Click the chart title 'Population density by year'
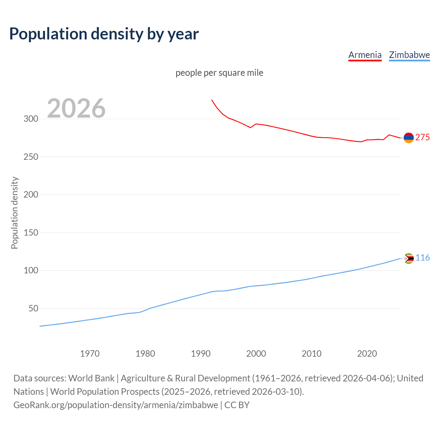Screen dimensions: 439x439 [x=104, y=34]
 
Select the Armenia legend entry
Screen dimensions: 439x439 [x=365, y=55]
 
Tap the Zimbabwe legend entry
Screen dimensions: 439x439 [x=409, y=55]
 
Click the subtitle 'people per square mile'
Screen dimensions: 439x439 [x=219, y=73]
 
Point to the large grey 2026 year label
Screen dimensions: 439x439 [x=76, y=108]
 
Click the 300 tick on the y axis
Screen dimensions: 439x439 [x=31, y=119]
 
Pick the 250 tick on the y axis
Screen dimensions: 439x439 [x=31, y=157]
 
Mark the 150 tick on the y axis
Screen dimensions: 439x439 [x=31, y=233]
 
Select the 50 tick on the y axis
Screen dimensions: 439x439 [x=33, y=308]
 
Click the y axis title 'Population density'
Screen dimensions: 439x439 [x=14, y=213]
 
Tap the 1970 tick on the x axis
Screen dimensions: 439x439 [x=90, y=354]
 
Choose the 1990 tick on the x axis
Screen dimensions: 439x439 [x=201, y=354]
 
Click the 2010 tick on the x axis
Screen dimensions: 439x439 [x=311, y=354]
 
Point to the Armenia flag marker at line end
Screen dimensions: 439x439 [x=408, y=138]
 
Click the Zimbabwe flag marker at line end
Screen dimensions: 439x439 [x=408, y=258]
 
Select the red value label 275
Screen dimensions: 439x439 [x=423, y=138]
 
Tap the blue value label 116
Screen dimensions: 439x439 [x=423, y=258]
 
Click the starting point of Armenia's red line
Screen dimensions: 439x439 [x=212, y=100]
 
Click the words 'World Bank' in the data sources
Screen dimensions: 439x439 [x=91, y=378]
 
